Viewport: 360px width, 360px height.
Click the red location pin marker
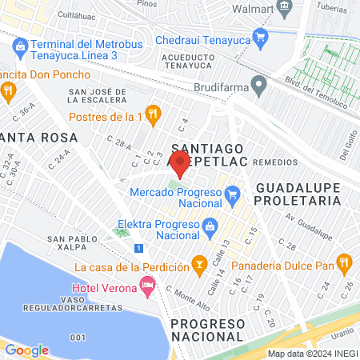point(180,165)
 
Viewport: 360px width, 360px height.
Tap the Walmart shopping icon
point(284,8)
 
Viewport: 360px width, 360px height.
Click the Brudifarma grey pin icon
point(258,84)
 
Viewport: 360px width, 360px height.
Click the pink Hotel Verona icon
point(146,284)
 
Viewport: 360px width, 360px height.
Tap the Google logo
point(26,350)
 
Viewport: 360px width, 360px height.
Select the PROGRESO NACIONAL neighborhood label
point(206,329)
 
